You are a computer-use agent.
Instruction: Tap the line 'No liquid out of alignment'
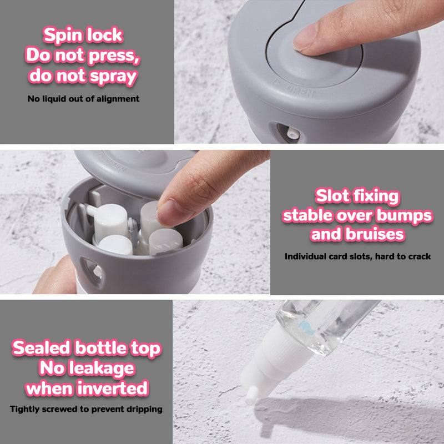(83, 99)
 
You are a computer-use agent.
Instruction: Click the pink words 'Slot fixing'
(357, 196)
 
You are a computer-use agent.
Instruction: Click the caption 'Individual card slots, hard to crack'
(357, 256)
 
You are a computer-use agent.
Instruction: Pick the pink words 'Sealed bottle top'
(87, 348)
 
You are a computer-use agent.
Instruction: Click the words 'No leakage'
(87, 368)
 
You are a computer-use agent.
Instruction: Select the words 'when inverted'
(87, 388)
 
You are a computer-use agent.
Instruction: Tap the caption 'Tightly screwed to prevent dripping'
(87, 409)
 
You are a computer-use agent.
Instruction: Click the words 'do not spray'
(83, 75)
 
